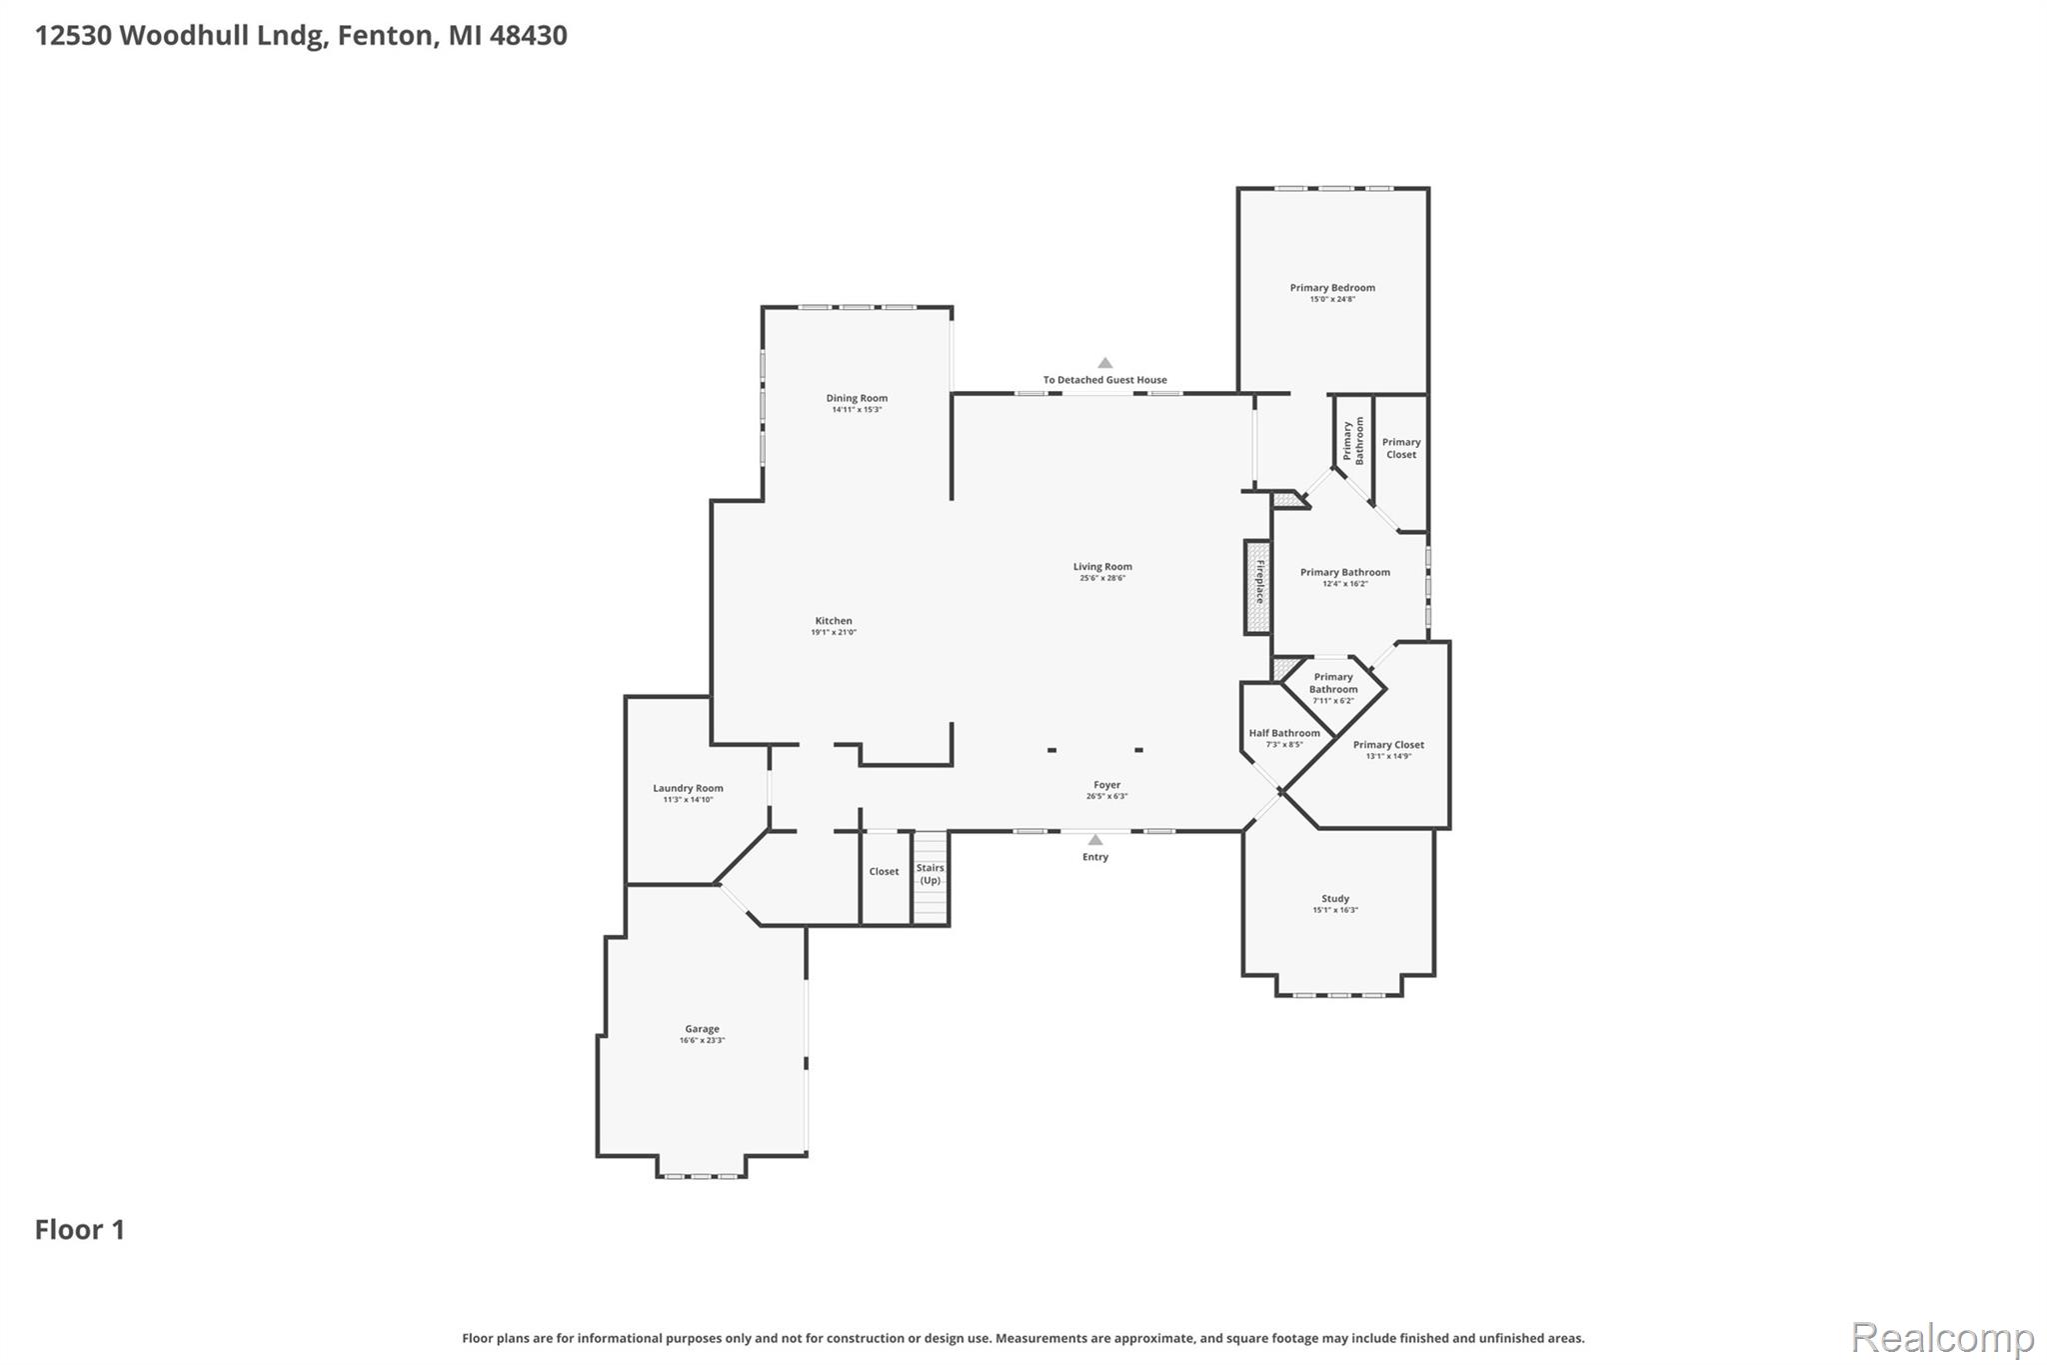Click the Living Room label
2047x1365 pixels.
(1102, 567)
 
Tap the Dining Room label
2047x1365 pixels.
(857, 398)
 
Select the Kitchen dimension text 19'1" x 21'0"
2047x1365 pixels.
(834, 632)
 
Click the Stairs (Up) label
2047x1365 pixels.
(931, 874)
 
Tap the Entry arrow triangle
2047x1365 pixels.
(1095, 840)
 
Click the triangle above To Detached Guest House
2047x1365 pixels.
(1104, 363)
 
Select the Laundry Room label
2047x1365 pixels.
(688, 788)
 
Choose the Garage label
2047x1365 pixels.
(702, 1029)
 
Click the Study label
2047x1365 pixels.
(1335, 898)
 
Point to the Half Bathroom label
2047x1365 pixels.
(1284, 733)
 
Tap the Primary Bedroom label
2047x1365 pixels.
(1332, 288)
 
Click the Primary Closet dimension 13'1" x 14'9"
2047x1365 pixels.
(1388, 756)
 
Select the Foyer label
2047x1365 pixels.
(1106, 785)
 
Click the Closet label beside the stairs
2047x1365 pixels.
(884, 872)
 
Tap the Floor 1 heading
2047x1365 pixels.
(80, 1230)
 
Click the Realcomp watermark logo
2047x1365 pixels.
(1942, 1337)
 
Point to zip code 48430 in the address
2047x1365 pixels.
(528, 36)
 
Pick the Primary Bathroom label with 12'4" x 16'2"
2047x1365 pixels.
(1344, 573)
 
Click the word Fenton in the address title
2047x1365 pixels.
(385, 36)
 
